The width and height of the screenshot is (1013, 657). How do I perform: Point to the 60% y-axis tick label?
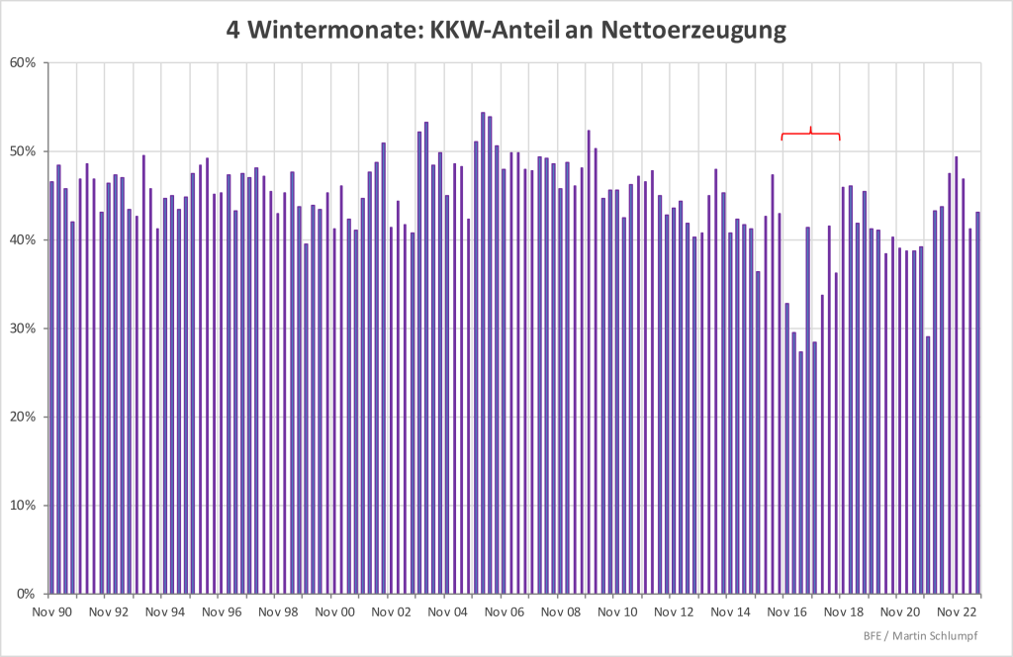[24, 63]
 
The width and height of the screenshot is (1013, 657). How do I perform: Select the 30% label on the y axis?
[24, 328]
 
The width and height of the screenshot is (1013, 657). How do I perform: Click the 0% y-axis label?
[28, 595]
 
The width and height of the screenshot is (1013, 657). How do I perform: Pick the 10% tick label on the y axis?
[24, 506]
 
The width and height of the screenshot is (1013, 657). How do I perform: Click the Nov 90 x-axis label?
[52, 612]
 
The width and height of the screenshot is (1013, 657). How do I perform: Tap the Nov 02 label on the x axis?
[391, 612]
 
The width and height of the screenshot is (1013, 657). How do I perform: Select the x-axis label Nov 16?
[786, 612]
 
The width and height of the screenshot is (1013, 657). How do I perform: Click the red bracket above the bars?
[810, 134]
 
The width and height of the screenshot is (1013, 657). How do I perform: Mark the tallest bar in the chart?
[483, 353]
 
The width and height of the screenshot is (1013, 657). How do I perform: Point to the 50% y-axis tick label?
[24, 151]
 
